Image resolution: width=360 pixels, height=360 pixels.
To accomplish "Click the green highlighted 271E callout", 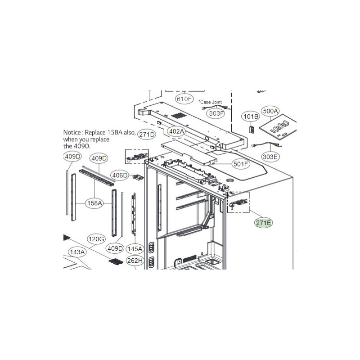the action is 263,223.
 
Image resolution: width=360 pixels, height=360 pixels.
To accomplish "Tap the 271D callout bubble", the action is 147,134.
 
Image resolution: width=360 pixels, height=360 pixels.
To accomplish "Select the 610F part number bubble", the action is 184,99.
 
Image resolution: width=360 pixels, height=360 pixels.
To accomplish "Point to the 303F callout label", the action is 216,113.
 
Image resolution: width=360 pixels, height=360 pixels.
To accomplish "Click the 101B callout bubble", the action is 251,117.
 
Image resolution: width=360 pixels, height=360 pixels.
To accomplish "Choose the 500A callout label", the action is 270,111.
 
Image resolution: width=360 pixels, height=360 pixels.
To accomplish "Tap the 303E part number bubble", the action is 270,157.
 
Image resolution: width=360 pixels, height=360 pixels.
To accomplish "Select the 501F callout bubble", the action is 241,164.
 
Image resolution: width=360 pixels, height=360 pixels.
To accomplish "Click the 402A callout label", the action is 176,131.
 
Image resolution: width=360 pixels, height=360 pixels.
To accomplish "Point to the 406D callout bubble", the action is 120,175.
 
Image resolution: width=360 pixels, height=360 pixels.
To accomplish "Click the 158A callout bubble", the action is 94,203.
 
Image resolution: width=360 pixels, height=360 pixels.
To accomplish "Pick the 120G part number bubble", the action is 96,239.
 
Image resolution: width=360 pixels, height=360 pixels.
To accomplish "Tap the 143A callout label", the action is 77,252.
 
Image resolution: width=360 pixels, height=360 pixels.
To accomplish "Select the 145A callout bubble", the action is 135,249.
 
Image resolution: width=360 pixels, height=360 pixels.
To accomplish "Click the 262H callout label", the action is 135,261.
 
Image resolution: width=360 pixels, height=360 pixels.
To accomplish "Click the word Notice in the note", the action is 72,132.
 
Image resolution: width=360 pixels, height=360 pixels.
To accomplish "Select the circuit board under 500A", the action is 278,127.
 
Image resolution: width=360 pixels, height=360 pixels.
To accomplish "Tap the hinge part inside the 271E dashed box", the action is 239,202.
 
